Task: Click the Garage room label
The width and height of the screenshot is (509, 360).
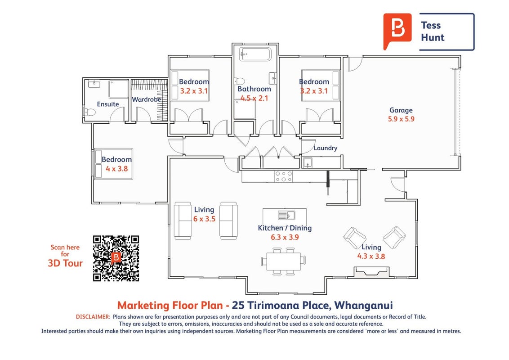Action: click(401, 110)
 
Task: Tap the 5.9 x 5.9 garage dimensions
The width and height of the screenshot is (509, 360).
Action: click(401, 119)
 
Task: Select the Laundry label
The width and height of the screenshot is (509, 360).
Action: click(325, 148)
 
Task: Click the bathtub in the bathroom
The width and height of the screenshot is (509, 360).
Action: click(255, 54)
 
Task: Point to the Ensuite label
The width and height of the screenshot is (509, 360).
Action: click(108, 104)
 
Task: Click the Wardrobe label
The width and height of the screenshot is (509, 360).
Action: click(147, 99)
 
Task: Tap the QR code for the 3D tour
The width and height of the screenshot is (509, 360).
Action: click(116, 258)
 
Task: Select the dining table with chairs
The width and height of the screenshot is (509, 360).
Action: click(283, 261)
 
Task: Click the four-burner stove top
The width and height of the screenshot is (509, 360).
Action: click(283, 176)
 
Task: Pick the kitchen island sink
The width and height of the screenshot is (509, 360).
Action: click(286, 215)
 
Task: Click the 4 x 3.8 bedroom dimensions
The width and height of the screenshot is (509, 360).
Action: click(117, 169)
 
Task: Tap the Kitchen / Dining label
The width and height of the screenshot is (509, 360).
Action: click(285, 228)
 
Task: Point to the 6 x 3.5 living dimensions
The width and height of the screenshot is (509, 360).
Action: click(204, 219)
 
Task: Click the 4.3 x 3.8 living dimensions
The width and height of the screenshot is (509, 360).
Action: click(371, 256)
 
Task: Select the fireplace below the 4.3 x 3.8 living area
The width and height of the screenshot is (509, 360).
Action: click(371, 272)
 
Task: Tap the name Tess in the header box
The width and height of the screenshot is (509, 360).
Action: click(431, 25)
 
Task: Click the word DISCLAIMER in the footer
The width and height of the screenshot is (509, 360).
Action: click(93, 317)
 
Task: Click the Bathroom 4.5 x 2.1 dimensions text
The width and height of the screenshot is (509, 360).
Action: click(254, 98)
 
